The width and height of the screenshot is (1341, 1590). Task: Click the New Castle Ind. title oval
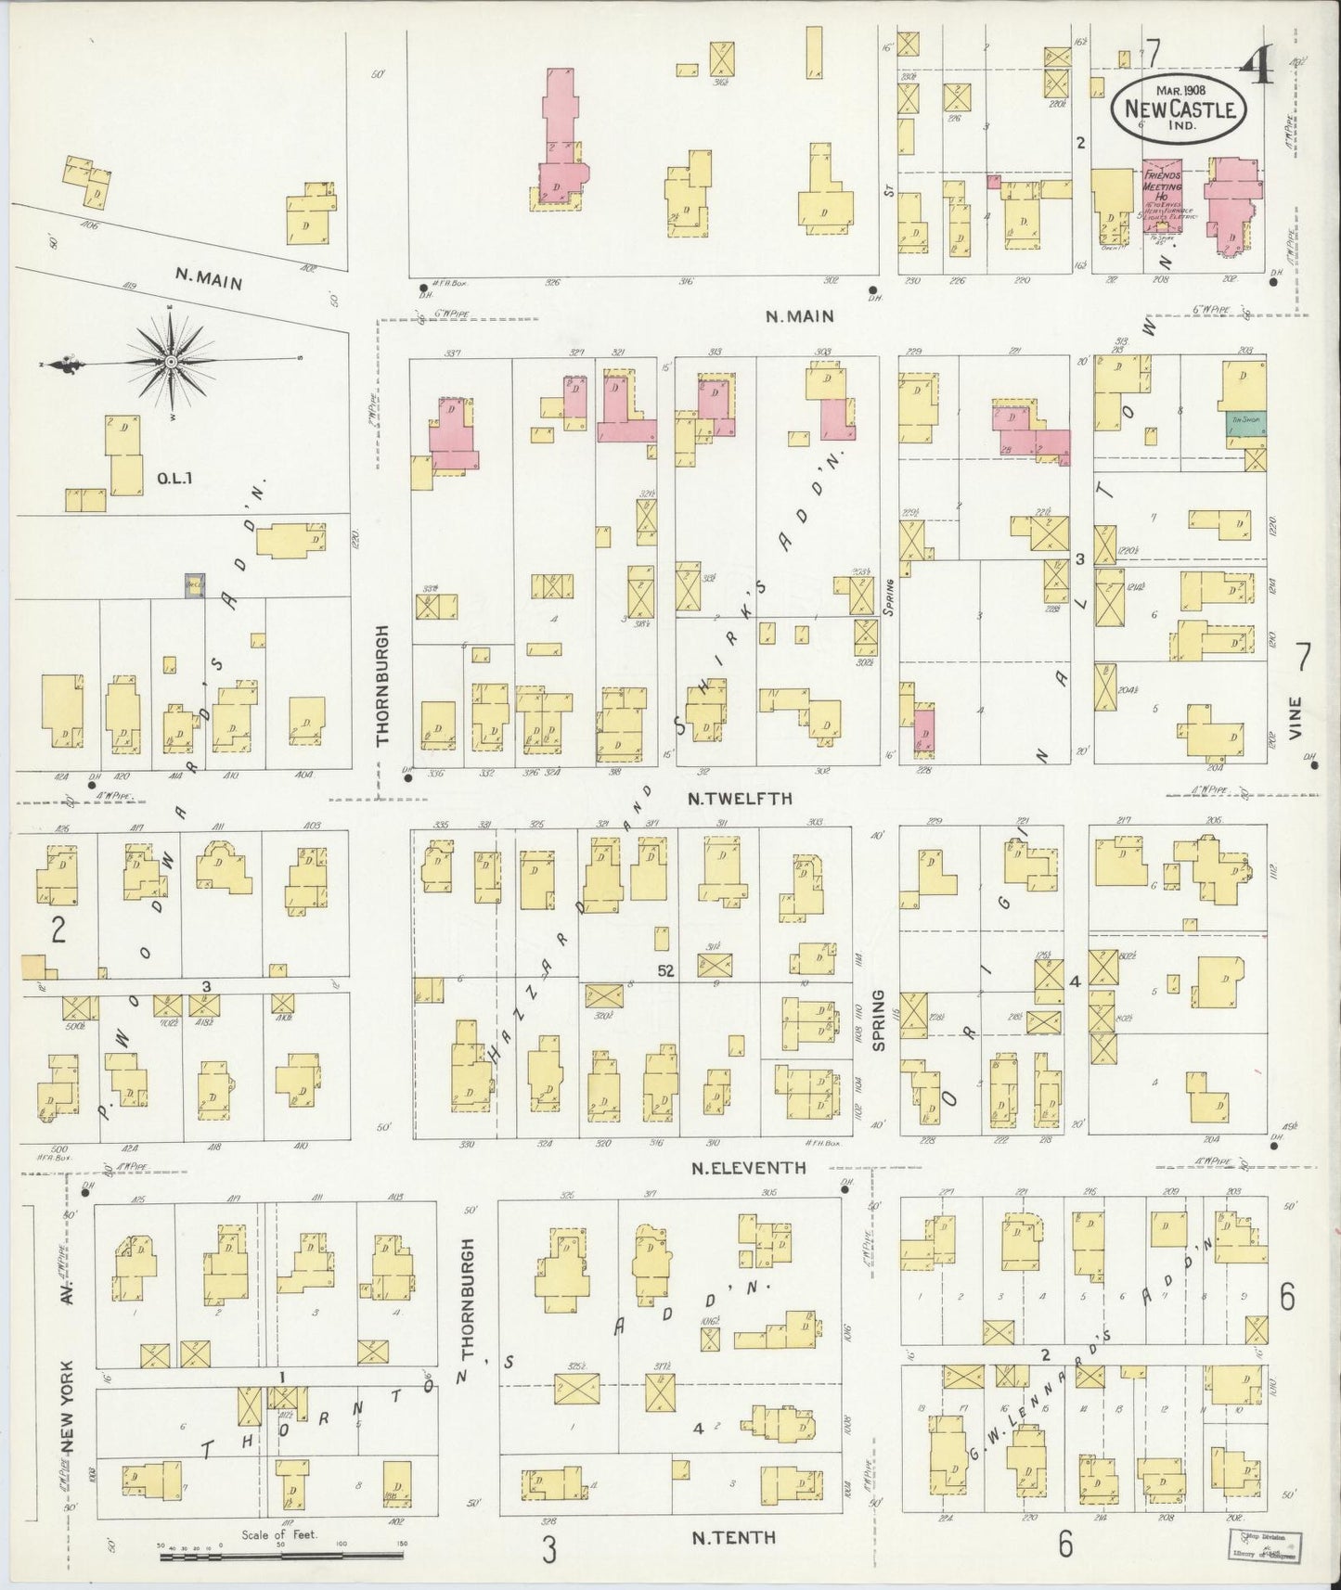pyautogui.click(x=1179, y=107)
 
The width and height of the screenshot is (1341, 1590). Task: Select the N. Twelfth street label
pyautogui.click(x=740, y=798)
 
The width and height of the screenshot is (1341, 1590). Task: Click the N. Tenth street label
pyautogui.click(x=733, y=1536)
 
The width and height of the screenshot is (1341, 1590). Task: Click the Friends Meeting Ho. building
pyautogui.click(x=1162, y=199)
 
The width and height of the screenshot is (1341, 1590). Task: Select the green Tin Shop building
pyautogui.click(x=1242, y=422)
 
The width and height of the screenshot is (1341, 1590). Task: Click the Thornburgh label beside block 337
pyautogui.click(x=382, y=685)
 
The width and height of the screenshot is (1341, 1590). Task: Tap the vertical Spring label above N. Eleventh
pyautogui.click(x=879, y=1018)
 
